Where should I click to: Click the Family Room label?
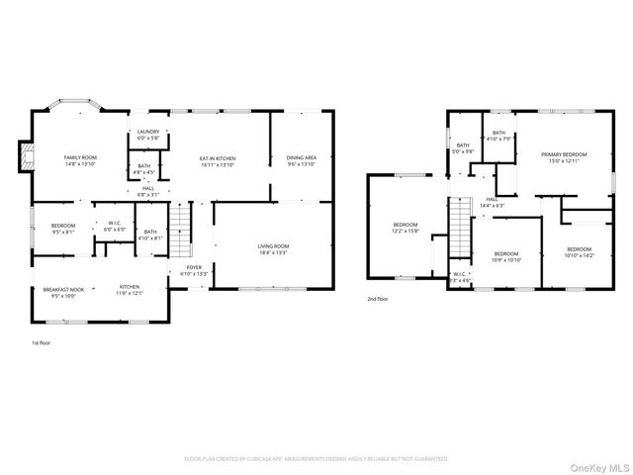pos(80,160)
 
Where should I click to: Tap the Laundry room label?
pos(148,135)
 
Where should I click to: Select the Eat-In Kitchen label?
pos(218,160)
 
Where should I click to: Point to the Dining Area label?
pos(301,160)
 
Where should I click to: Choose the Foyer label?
pos(195,269)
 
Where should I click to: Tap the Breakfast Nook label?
pos(62,292)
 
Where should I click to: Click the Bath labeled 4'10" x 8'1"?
pos(150,235)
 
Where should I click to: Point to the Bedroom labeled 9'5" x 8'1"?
pos(62,229)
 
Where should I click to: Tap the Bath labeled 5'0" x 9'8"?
pos(463,148)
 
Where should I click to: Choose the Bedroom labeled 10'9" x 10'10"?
pos(506,256)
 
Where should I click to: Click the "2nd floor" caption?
pos(378,298)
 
